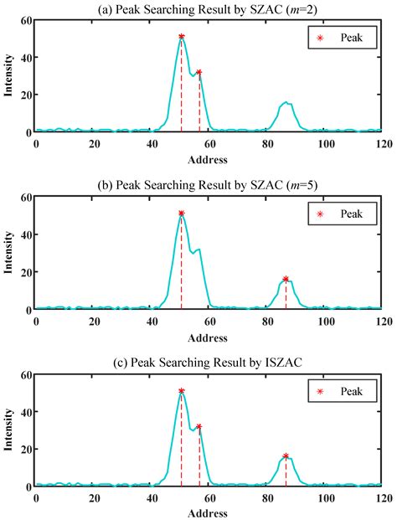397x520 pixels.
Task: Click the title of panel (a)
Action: [207, 9]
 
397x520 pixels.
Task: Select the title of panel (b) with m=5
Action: [207, 185]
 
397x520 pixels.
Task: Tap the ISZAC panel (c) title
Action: [207, 363]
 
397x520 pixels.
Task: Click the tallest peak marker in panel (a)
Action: [182, 37]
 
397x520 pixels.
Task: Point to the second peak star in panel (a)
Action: [199, 72]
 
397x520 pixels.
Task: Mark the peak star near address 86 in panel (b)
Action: [286, 279]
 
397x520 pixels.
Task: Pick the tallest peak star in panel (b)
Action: [182, 214]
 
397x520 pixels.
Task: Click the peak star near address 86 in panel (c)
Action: [286, 456]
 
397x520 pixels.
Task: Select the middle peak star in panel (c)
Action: [199, 426]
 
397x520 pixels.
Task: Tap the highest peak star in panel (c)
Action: [182, 391]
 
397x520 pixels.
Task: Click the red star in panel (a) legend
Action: [320, 38]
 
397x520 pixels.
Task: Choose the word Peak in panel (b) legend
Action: [351, 214]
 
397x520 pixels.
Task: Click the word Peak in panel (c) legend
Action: [351, 391]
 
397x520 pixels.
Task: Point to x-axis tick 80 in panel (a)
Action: [268, 144]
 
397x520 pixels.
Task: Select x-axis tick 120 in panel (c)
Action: [384, 498]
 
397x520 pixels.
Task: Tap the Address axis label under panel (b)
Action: [208, 338]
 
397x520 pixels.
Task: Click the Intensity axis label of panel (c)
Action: [8, 430]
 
